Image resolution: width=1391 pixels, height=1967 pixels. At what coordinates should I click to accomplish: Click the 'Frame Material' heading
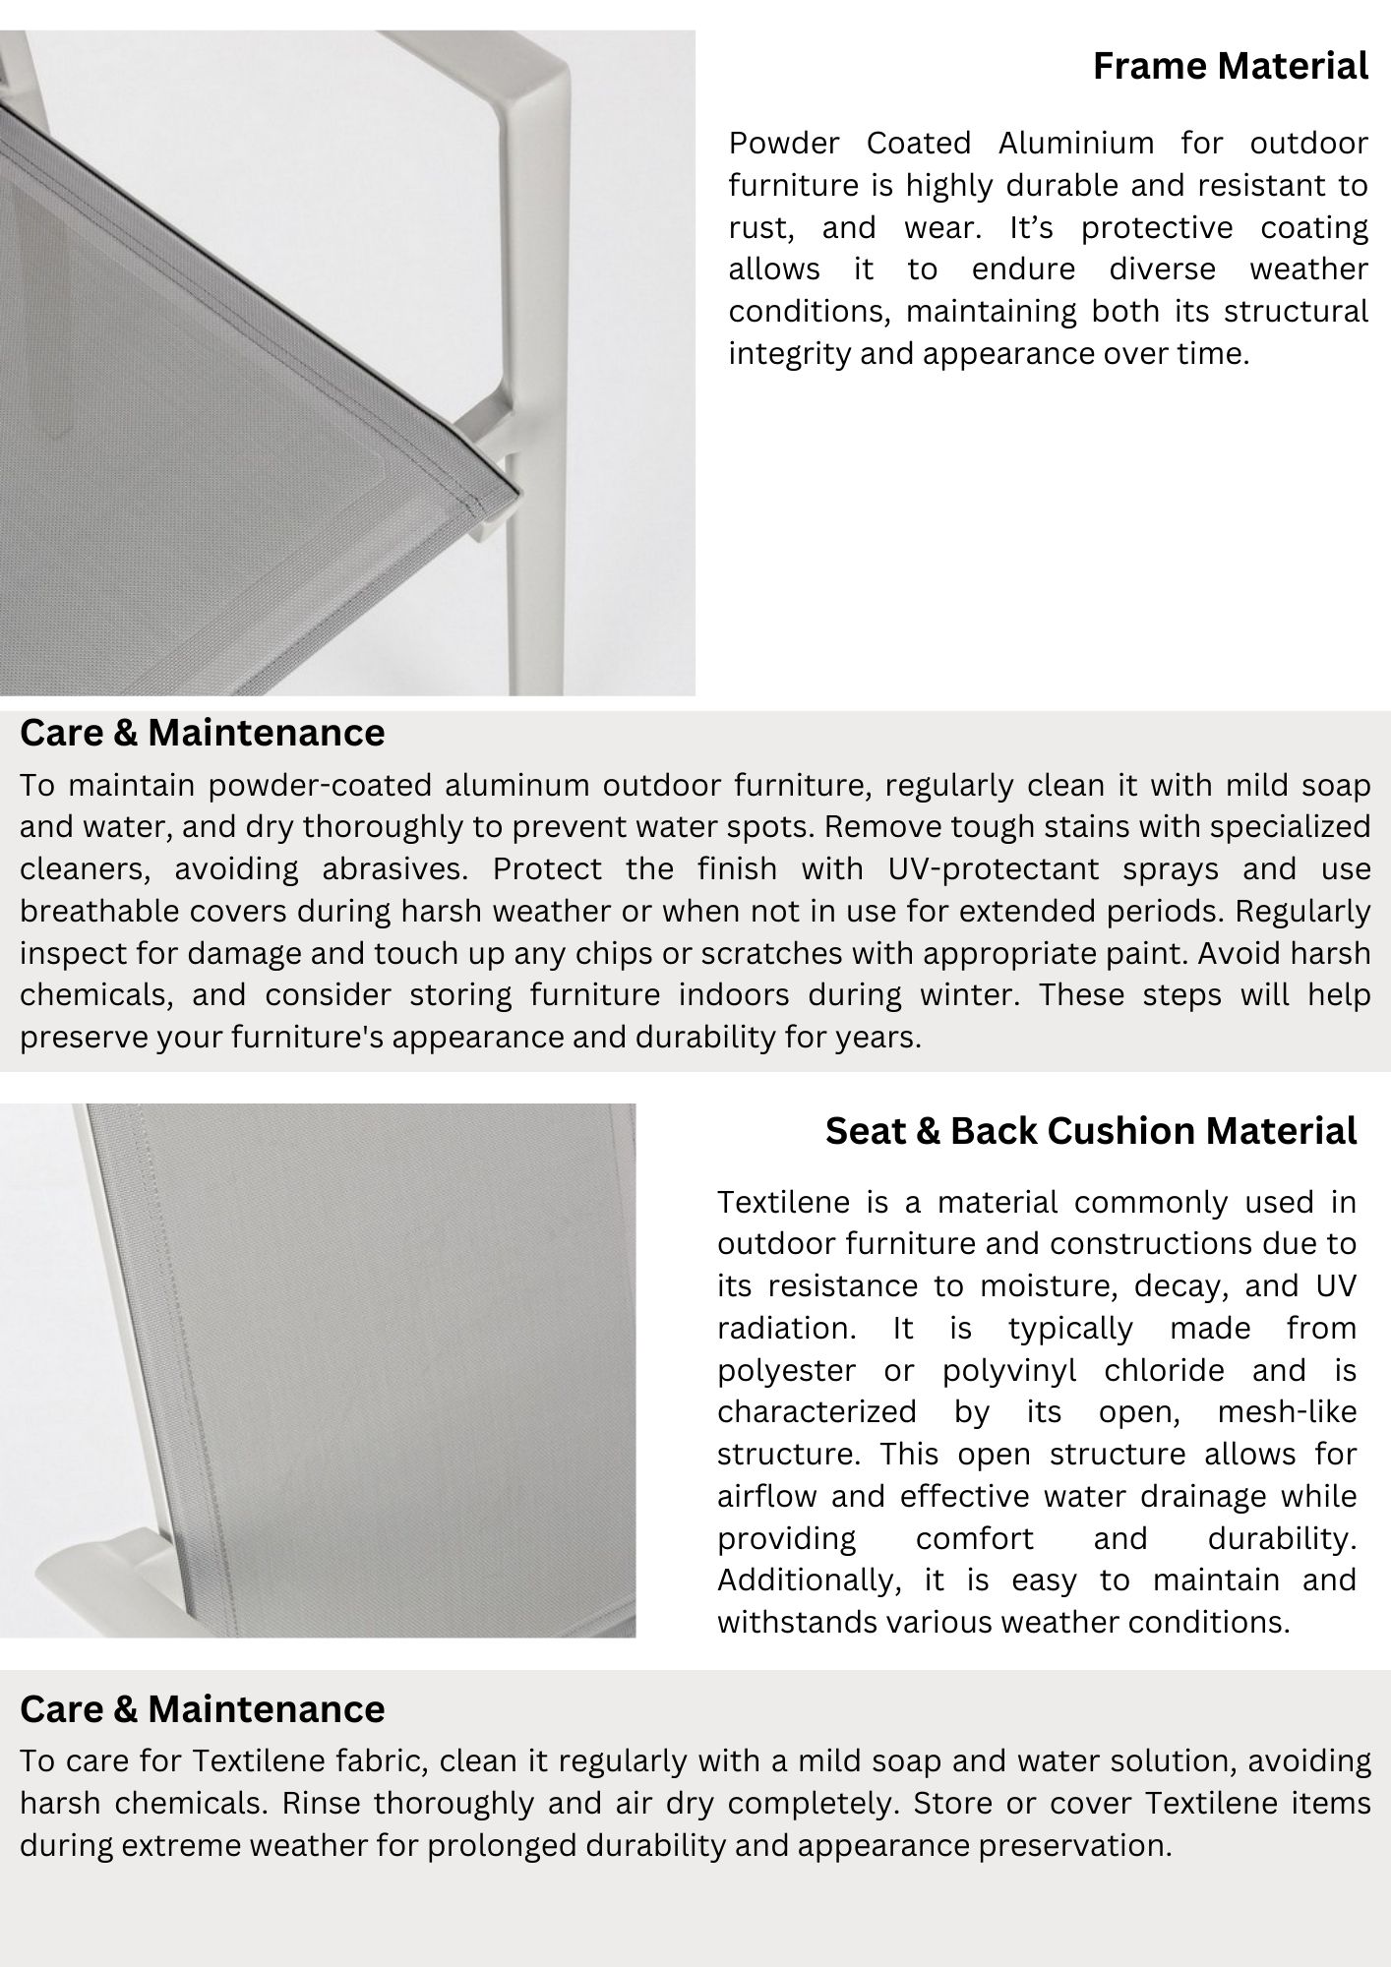(x=1230, y=67)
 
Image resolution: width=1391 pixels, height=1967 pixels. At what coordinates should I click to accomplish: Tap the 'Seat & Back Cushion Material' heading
(x=1090, y=1131)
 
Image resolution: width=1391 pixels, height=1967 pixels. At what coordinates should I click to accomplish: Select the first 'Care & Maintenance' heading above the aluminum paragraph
(x=202, y=733)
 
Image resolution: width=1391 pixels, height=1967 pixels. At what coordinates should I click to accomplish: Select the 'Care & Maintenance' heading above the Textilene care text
(x=202, y=1708)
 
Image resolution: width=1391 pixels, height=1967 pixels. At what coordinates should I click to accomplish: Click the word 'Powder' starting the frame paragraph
(x=783, y=144)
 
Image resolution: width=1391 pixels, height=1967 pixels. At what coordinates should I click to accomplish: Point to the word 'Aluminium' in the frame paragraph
(x=1075, y=144)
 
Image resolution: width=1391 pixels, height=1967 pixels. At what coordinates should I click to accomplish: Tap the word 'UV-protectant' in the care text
(x=993, y=869)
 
